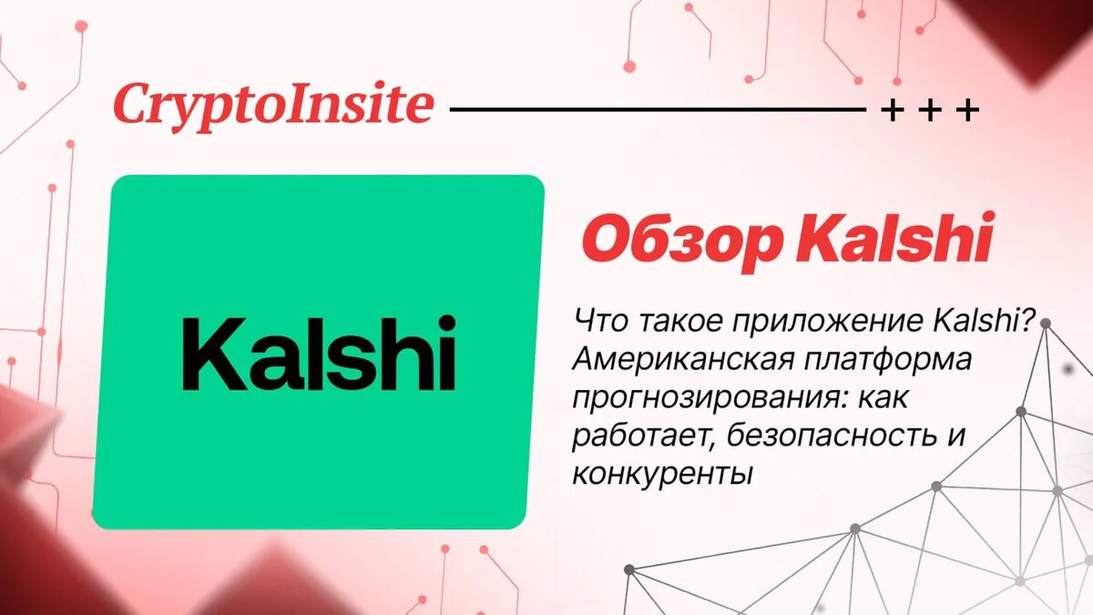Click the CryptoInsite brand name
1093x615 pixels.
(272, 106)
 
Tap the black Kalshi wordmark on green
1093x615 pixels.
(319, 352)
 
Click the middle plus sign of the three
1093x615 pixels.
(930, 111)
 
